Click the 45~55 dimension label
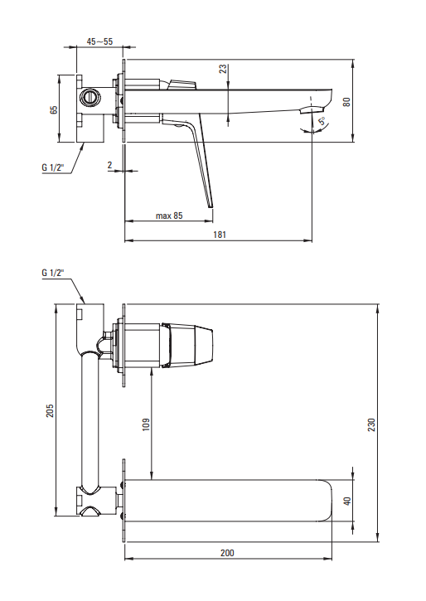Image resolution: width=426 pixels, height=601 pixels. coord(99,41)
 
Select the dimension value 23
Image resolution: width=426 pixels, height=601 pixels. coord(223,69)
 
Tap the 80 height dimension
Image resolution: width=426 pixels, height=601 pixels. coord(346,102)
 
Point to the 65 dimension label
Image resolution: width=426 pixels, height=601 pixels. coord(54,109)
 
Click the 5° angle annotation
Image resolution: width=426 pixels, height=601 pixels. coord(323,121)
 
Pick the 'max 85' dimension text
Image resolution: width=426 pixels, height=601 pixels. coord(169,216)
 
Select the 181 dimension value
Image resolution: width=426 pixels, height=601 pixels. coord(220,235)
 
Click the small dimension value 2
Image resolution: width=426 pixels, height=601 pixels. coord(109,165)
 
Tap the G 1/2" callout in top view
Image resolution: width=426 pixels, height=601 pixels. coord(53,167)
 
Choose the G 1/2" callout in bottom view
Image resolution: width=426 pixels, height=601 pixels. coord(53,273)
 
